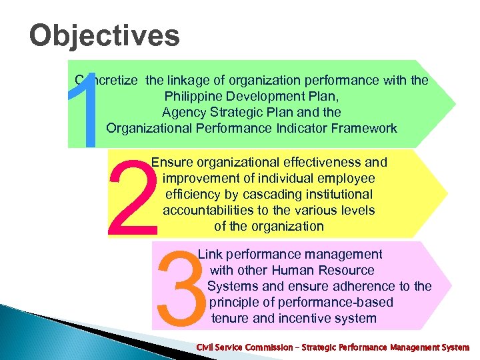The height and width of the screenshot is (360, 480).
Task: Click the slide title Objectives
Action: [105, 35]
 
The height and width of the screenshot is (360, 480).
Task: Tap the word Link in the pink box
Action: [210, 254]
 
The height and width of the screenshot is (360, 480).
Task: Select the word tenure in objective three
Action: [230, 318]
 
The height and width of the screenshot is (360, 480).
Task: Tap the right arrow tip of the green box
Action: [455, 104]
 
